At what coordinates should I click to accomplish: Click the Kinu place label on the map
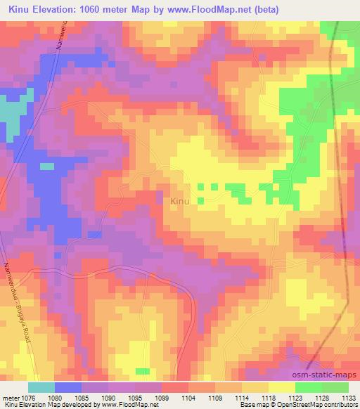(180, 202)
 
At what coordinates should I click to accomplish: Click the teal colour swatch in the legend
(41, 387)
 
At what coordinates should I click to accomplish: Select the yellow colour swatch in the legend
(281, 387)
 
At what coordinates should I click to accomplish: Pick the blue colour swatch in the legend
(67, 387)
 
